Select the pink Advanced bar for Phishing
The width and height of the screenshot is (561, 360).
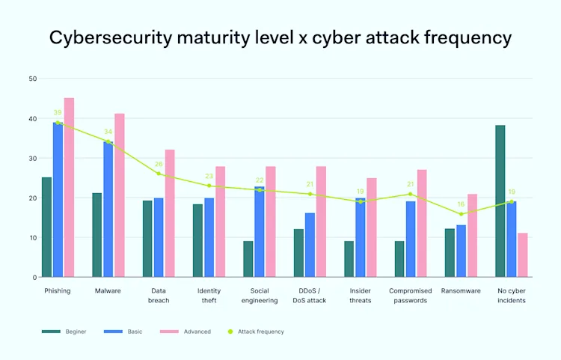tap(69, 187)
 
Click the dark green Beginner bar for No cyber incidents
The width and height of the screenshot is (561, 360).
tap(500, 201)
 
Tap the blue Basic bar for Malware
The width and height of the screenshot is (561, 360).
tap(108, 210)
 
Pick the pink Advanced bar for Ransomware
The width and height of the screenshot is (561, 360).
tap(472, 236)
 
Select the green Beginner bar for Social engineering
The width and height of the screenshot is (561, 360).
tap(248, 259)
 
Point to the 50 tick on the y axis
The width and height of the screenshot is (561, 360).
tap(32, 79)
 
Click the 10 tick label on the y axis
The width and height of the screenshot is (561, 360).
tap(32, 238)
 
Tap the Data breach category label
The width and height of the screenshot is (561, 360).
tap(159, 295)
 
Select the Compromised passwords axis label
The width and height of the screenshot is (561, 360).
tap(410, 295)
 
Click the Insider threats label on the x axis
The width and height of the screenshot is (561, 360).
tap(360, 295)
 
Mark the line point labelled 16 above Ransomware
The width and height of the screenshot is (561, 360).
tap(461, 214)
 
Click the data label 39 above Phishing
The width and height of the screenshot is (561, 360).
tap(58, 113)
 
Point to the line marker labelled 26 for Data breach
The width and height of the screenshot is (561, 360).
tap(159, 174)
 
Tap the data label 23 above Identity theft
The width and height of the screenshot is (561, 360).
tap(209, 176)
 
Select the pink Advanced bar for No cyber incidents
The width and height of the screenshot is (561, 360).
tap(523, 255)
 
